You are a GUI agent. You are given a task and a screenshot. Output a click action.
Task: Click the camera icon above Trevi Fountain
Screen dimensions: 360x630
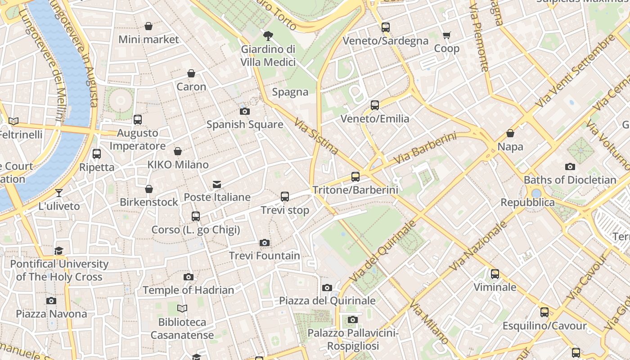pos(265,243)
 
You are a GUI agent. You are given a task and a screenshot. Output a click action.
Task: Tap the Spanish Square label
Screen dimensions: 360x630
pos(245,125)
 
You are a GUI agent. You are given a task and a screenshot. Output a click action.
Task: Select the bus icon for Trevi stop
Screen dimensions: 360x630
pos(285,197)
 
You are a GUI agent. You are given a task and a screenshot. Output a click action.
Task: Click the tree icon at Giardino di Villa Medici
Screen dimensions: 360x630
pos(268,36)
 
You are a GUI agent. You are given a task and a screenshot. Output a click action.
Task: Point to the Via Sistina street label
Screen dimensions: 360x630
pos(316,136)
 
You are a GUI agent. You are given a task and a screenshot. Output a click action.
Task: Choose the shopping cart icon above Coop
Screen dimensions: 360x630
pos(447,35)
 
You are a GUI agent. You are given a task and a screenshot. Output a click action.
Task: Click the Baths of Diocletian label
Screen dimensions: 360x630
pos(570,180)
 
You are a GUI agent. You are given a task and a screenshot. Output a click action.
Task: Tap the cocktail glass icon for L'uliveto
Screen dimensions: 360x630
pos(59,193)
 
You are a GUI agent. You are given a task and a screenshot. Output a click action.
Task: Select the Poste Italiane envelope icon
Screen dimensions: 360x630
pos(217,184)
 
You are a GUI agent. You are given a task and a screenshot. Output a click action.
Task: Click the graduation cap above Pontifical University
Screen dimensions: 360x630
pos(59,251)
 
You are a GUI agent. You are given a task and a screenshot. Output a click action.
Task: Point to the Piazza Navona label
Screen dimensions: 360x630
pos(51,314)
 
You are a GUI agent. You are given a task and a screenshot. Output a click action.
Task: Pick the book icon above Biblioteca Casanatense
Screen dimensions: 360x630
pos(182,308)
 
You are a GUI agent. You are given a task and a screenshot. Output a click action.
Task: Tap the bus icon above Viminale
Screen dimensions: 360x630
pos(495,274)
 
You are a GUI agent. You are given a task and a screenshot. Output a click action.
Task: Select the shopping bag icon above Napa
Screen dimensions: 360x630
pos(510,133)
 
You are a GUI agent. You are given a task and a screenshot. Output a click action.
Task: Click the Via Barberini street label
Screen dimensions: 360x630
pos(424,148)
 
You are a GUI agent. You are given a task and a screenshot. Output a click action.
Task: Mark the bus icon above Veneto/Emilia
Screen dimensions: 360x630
pos(375,105)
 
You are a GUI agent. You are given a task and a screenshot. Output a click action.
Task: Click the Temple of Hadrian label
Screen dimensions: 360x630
pos(188,290)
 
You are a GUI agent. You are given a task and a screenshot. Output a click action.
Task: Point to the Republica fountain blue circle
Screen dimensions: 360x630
pos(536,193)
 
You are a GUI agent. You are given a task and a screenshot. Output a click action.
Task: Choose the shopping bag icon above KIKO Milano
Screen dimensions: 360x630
pos(178,151)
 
